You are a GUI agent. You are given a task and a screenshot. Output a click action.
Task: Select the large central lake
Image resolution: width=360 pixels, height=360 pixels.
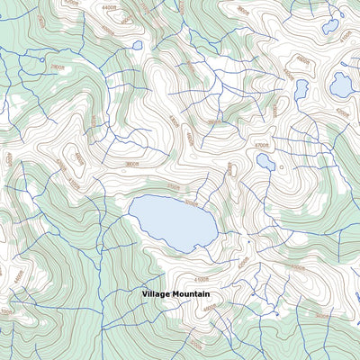coord(171,221)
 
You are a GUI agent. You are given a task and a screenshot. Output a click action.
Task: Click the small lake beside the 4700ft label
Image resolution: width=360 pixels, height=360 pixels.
coord(265,162)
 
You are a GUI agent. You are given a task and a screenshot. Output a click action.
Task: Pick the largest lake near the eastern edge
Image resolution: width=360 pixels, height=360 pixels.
coord(341,85)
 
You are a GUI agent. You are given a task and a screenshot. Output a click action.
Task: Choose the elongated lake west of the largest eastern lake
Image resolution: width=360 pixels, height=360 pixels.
coord(301,89)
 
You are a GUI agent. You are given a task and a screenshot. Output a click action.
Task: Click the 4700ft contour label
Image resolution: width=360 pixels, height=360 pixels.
coord(262,143)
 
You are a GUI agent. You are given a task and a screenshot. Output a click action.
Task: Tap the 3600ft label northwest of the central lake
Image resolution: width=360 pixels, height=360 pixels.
coord(132,164)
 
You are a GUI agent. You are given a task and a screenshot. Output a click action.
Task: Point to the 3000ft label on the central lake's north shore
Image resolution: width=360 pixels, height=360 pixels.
coord(189,202)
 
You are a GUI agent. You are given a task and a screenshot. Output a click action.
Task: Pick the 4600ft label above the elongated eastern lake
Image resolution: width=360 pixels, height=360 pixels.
coord(302,61)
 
